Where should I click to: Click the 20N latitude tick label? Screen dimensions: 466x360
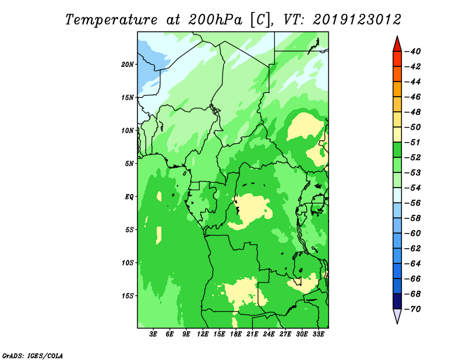[x=128, y=65]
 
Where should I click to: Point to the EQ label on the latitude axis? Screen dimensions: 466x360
[x=129, y=197]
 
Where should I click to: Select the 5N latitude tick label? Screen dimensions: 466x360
[x=129, y=164]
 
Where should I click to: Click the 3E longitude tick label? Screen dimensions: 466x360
[x=153, y=334]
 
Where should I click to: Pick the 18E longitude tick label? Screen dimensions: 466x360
[x=236, y=334]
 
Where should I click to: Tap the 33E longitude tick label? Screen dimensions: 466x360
[x=318, y=334]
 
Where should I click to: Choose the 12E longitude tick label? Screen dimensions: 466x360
[x=203, y=334]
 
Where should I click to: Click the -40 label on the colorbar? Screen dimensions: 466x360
[x=413, y=51]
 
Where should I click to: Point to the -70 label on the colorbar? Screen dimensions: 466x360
[x=413, y=309]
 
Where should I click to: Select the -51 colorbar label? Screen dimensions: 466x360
[x=413, y=142]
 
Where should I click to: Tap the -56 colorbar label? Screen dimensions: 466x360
[x=413, y=203]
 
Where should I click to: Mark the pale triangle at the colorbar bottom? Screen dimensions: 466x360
[x=397, y=315]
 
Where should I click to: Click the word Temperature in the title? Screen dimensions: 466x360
[x=111, y=20]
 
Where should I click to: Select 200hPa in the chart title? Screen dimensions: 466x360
[x=215, y=20]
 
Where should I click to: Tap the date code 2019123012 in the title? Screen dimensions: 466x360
[x=357, y=20]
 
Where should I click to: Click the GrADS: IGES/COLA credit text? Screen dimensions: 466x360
[x=33, y=356]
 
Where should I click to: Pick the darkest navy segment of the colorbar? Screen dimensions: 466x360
[x=397, y=301]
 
